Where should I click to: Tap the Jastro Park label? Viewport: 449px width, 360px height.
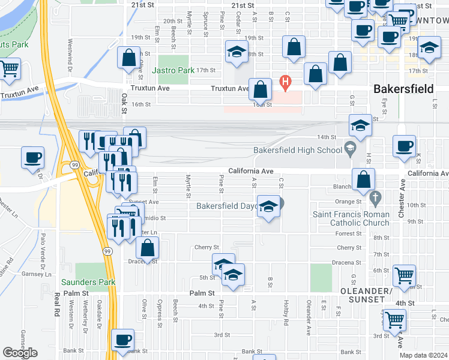point(173,70)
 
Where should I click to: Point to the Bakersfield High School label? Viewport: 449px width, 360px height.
point(297,149)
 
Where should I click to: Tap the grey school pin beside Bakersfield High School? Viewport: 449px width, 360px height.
point(351,147)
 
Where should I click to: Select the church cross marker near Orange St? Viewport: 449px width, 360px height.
point(376,197)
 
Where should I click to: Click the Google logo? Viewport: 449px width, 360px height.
point(20,353)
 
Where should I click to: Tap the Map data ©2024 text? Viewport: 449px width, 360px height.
point(423,355)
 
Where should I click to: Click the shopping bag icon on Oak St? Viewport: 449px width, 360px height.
point(128,58)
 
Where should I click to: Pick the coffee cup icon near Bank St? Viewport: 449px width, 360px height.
point(124,340)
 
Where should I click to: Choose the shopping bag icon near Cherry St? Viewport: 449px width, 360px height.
point(147,248)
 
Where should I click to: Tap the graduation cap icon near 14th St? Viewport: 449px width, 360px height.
point(360,126)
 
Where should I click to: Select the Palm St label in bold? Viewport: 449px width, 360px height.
point(202,293)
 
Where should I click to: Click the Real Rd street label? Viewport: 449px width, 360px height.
point(57,304)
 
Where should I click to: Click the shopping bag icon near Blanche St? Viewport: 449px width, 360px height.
point(364,179)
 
